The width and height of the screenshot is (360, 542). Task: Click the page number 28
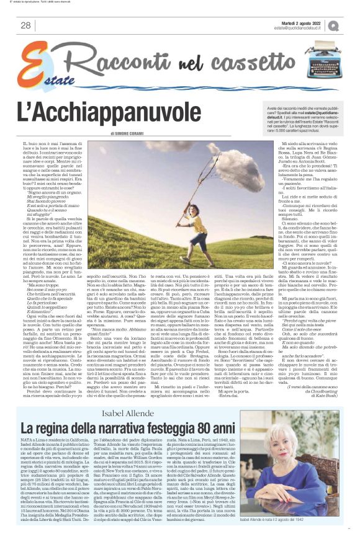25,25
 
